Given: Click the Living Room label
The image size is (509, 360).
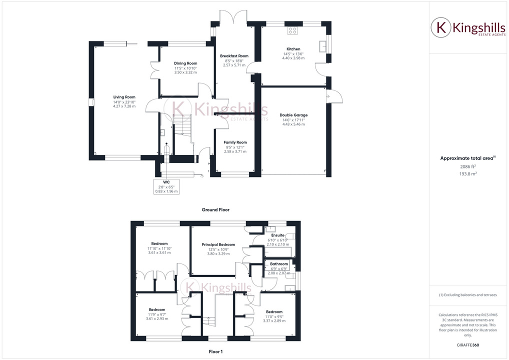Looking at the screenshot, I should [124, 97].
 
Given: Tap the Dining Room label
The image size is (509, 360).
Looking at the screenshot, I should [185, 63].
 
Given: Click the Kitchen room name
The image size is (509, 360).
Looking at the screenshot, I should [293, 49].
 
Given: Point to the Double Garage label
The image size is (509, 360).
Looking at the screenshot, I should [293, 115].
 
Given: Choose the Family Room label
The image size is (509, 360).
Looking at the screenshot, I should [235, 142].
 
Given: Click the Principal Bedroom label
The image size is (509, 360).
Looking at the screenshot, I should [218, 244].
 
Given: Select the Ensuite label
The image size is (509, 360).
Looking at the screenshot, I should [278, 235].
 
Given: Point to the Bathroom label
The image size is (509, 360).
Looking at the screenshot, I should [279, 264].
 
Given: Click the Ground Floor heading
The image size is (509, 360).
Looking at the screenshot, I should [215, 210].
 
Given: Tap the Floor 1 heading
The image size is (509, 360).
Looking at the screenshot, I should [215, 352].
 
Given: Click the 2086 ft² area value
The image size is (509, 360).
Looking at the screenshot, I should [467, 166].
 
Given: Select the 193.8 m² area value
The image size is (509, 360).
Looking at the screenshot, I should [467, 173].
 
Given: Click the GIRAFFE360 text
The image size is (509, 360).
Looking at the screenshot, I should [467, 345].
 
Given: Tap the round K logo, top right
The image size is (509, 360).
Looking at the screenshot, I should [441, 27].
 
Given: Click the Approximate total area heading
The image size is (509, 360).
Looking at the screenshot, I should [467, 158].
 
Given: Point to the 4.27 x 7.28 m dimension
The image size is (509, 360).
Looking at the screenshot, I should [124, 106].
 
